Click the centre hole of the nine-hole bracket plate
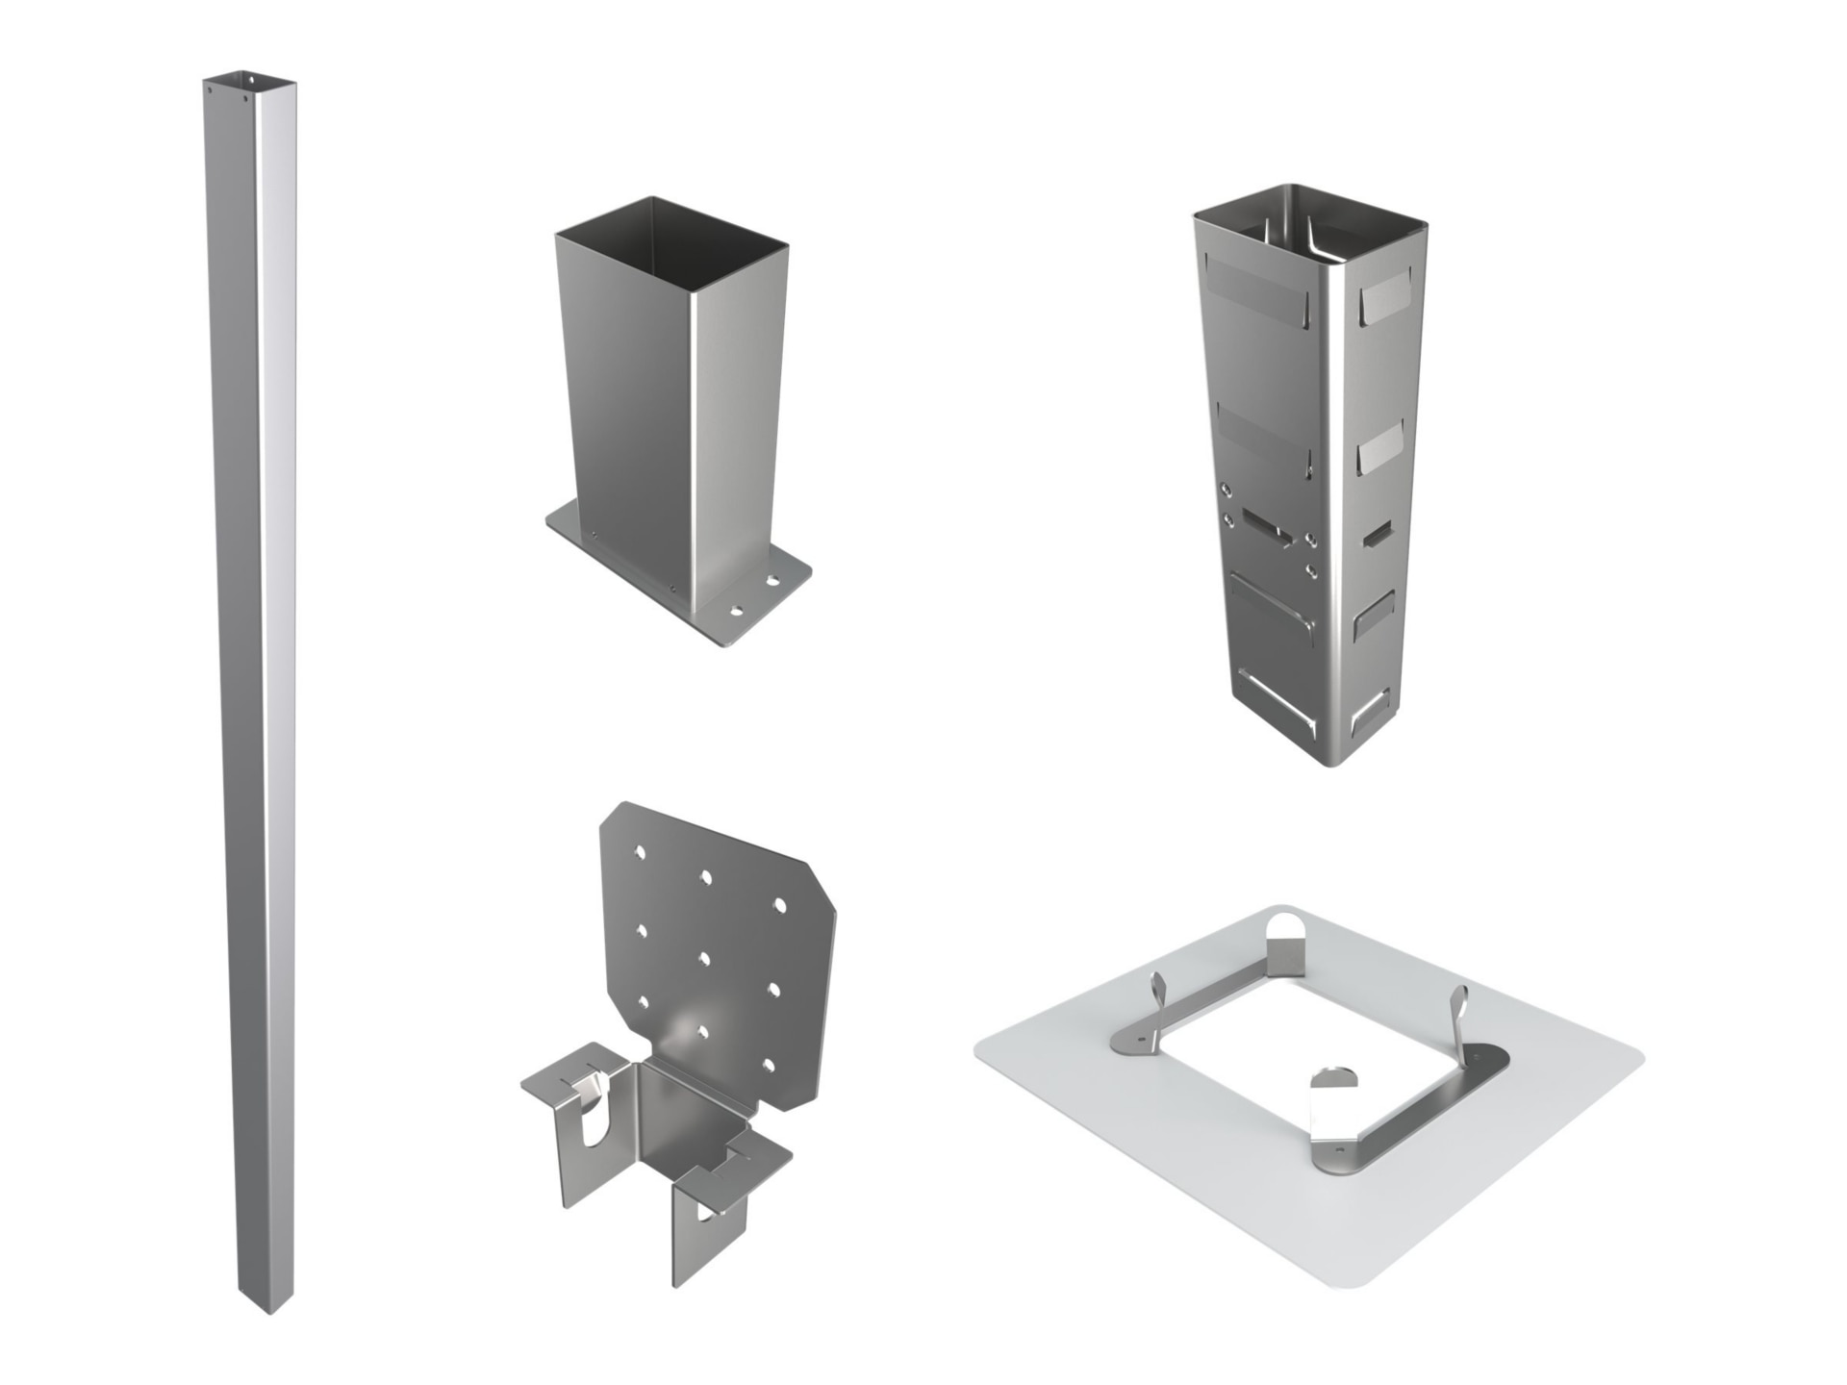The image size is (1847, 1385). pos(704,958)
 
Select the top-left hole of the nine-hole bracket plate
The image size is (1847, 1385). pos(640,852)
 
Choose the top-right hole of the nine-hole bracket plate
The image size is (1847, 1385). pos(779,905)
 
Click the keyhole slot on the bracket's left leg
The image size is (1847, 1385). pos(594,1121)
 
